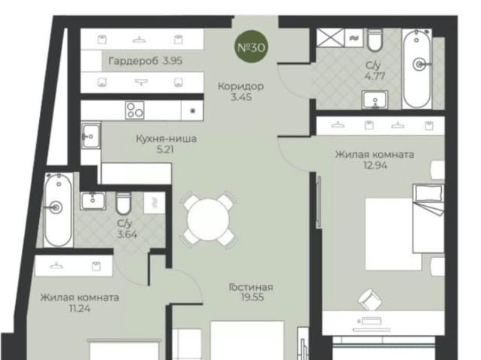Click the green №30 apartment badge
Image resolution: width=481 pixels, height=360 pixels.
pyautogui.click(x=251, y=47)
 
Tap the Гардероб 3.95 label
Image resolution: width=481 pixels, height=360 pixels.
pyautogui.click(x=145, y=61)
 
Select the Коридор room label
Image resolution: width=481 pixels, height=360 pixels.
pyautogui.click(x=240, y=86)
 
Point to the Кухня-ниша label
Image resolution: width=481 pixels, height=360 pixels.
pyautogui.click(x=166, y=138)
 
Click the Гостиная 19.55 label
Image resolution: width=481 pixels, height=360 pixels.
pyautogui.click(x=251, y=292)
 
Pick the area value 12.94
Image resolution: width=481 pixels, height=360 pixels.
pyautogui.click(x=375, y=165)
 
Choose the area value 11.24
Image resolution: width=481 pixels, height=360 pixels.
pyautogui.click(x=80, y=308)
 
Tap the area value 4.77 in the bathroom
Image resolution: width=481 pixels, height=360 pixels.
pyautogui.click(x=375, y=76)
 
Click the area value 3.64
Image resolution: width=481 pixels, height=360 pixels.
pyautogui.click(x=127, y=234)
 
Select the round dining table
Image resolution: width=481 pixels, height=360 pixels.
pyautogui.click(x=209, y=219)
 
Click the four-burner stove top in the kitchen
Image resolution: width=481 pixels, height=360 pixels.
pyautogui.click(x=135, y=110)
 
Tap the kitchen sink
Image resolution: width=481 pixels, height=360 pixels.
pyautogui.click(x=91, y=135)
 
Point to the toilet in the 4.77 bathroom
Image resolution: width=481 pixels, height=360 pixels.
pyautogui.click(x=374, y=40)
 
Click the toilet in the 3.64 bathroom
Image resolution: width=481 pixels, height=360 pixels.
pyautogui.click(x=123, y=203)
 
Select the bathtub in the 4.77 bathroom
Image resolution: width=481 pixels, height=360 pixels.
pyautogui.click(x=416, y=68)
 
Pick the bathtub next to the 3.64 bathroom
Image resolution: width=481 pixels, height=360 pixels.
pyautogui.click(x=58, y=210)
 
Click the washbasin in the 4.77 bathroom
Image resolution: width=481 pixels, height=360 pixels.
pyautogui.click(x=375, y=99)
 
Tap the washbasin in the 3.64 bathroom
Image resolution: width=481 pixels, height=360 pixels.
pyautogui.click(x=93, y=201)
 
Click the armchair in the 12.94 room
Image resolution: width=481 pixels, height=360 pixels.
pyautogui.click(x=371, y=299)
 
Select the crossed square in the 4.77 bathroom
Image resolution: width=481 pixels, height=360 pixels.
pyautogui.click(x=330, y=38)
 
